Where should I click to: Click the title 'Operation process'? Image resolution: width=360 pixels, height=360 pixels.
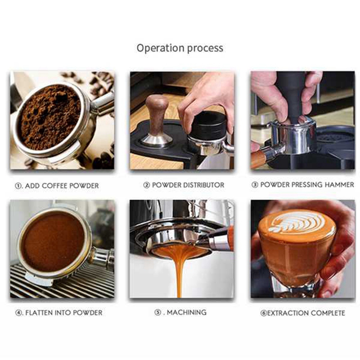click(x=180, y=48)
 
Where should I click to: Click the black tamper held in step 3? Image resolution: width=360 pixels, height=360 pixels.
click(x=291, y=94)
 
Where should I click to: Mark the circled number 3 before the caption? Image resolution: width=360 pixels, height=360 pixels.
click(x=255, y=185)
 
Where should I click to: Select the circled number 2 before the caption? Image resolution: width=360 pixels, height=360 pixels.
click(x=147, y=185)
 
